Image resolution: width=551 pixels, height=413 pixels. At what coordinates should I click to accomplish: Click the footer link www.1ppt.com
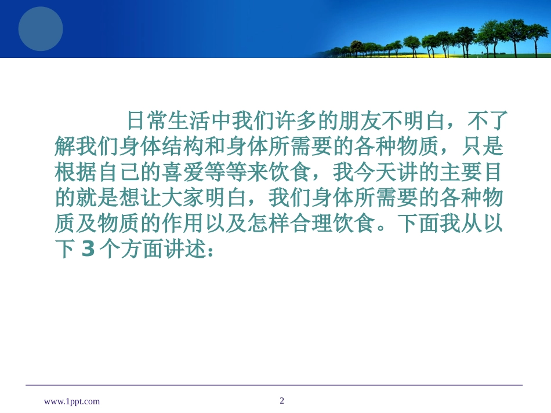(x=72, y=401)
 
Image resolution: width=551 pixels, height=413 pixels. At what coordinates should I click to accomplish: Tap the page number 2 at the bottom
(x=282, y=400)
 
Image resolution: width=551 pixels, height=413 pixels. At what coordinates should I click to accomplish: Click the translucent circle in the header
(x=41, y=29)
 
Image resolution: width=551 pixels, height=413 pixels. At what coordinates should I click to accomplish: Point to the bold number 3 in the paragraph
(x=88, y=249)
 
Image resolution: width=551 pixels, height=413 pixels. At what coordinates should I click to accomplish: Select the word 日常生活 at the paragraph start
(x=168, y=121)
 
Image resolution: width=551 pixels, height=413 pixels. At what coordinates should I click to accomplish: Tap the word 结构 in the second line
(x=182, y=147)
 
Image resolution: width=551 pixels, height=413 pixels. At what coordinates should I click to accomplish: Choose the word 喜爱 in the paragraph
(x=182, y=172)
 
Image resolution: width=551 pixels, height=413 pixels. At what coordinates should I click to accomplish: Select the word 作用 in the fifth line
(x=182, y=223)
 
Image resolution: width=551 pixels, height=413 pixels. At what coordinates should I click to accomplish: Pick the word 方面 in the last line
(x=142, y=249)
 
